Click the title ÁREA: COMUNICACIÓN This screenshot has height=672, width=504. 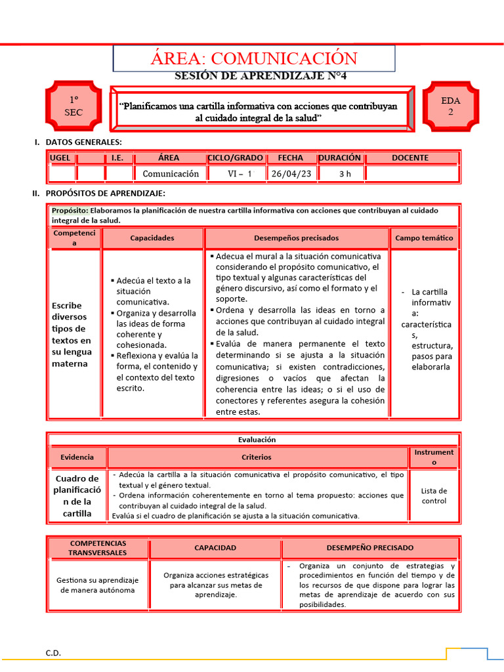(255, 58)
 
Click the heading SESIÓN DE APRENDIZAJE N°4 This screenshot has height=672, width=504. (261, 76)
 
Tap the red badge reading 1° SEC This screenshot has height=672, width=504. (73, 106)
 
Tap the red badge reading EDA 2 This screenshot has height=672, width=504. (450, 106)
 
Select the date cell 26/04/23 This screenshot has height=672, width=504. (291, 174)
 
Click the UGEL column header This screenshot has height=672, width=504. (61, 157)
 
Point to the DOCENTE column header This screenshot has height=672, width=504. (410, 157)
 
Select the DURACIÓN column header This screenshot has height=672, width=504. (340, 157)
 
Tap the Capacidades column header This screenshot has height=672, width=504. (152, 238)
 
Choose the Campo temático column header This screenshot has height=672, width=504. (424, 238)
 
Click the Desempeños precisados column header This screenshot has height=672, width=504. (296, 238)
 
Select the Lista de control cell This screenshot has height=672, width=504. (434, 495)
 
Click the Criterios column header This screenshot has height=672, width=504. (256, 457)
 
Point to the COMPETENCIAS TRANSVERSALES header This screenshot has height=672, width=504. (98, 548)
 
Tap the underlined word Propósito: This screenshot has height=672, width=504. (70, 211)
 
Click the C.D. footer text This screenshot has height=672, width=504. (53, 652)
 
